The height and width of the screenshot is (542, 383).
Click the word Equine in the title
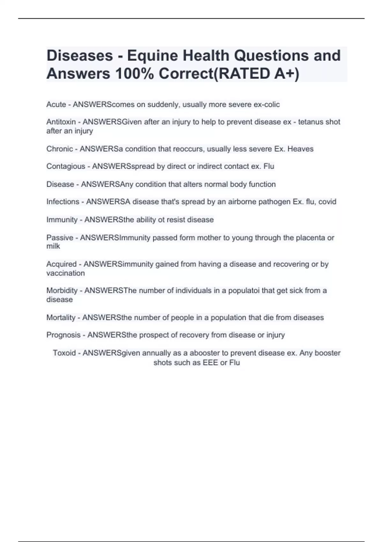152,56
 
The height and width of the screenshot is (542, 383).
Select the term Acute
56,105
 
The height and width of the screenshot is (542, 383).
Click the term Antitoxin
61,122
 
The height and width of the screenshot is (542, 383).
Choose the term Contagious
66,166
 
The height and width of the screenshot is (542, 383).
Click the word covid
327,202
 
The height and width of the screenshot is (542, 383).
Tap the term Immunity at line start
62,220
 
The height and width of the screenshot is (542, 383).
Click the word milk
53,246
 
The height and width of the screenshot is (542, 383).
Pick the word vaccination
65,273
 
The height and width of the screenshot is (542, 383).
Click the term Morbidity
62,291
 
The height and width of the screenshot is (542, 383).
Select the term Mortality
61,318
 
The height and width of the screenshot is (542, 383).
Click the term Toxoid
64,353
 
